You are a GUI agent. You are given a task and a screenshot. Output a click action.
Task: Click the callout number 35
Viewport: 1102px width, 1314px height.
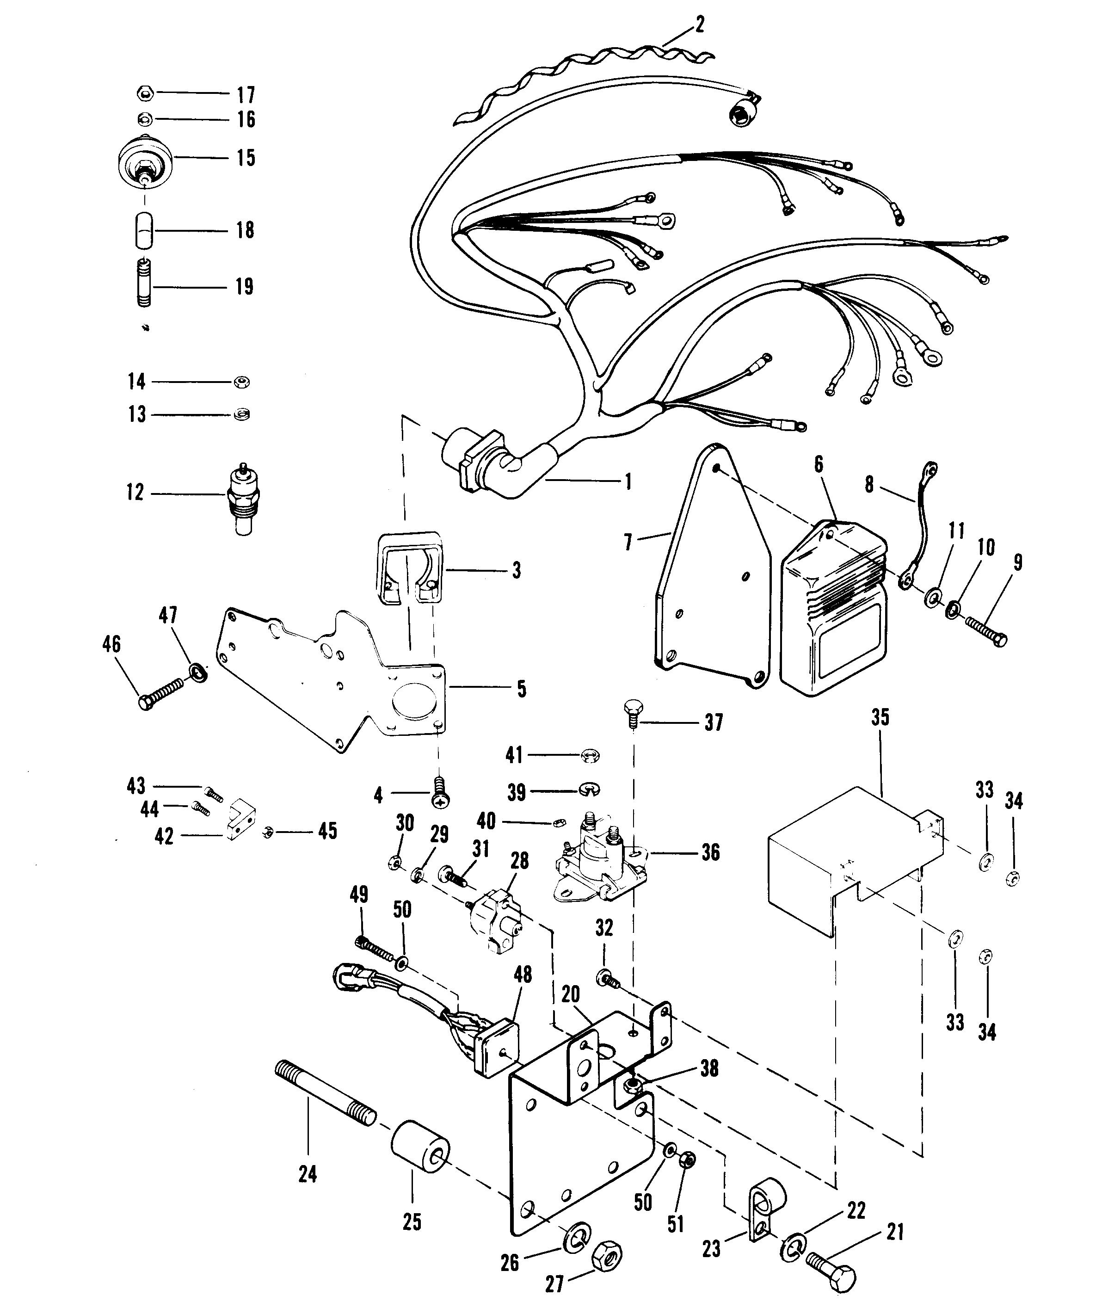[880, 718]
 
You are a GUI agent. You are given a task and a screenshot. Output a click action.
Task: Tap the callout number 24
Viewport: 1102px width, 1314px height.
[307, 1174]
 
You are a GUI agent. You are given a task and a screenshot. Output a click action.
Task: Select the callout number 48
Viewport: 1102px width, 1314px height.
[523, 974]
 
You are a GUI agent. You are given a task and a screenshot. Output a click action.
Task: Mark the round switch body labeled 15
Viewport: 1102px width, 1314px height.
[145, 161]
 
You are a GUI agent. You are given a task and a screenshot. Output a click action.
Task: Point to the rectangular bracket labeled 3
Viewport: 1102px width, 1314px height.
[408, 569]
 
